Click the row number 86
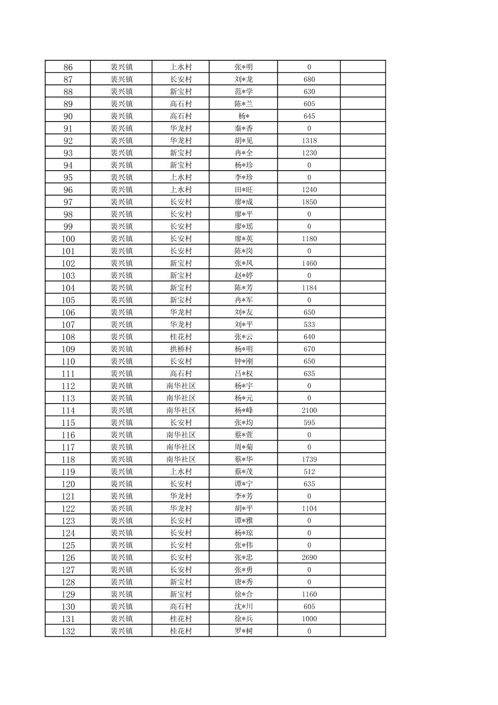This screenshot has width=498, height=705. (x=68, y=67)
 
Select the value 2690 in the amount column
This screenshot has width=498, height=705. (x=309, y=558)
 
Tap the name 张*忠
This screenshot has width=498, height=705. (x=243, y=558)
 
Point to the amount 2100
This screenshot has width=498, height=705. (x=309, y=410)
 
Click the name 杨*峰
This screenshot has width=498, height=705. (x=243, y=410)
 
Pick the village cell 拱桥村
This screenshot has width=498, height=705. (x=180, y=349)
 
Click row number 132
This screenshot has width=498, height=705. (x=68, y=631)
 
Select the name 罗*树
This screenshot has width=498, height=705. (x=243, y=631)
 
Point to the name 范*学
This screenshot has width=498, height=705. (x=243, y=92)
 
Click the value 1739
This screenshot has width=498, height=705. (x=309, y=460)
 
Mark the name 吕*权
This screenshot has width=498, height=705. (x=243, y=374)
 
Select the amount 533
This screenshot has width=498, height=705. (x=309, y=325)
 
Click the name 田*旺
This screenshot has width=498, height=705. (x=243, y=190)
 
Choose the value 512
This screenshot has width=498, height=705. (x=309, y=472)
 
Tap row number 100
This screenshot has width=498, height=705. (x=68, y=239)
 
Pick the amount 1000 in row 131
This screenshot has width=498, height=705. (x=309, y=619)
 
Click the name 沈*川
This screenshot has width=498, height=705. (x=243, y=607)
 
